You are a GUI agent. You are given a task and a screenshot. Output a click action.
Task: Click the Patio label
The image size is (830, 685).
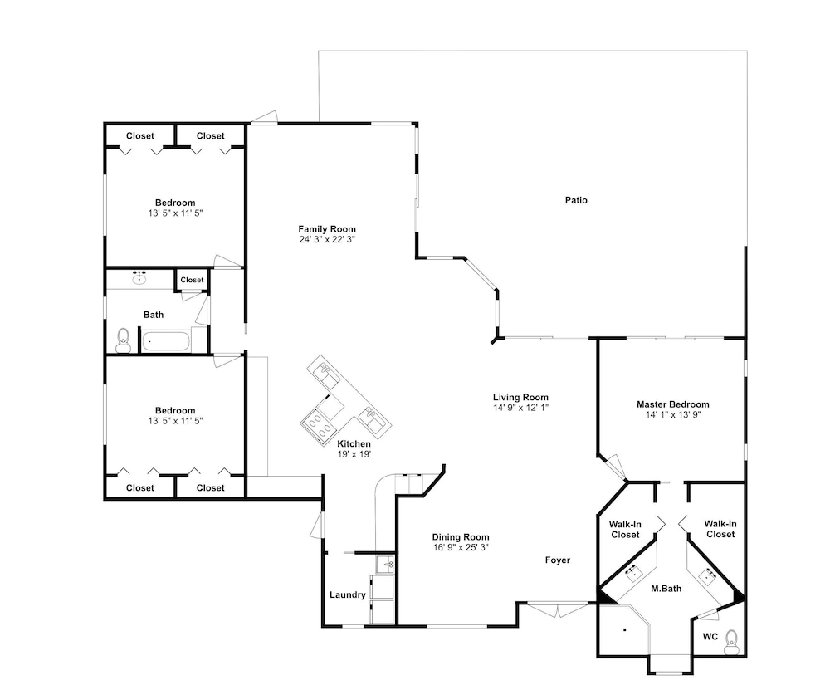(576, 200)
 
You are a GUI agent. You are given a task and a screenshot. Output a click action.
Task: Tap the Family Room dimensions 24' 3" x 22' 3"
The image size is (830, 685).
(326, 239)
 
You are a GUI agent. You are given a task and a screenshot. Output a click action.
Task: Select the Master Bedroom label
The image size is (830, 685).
(673, 404)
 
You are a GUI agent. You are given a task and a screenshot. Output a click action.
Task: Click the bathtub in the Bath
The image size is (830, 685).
(165, 341)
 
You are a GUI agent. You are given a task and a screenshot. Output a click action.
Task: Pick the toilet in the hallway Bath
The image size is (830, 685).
(124, 340)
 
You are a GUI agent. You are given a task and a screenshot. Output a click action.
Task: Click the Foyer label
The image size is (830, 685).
(558, 560)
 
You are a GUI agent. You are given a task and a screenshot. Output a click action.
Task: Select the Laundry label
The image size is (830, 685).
(347, 595)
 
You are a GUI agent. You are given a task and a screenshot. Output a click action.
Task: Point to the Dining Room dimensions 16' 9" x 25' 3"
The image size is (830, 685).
(461, 547)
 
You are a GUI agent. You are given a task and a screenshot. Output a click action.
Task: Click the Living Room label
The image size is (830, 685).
(520, 398)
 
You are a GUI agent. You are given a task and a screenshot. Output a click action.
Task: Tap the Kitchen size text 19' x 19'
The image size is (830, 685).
(354, 454)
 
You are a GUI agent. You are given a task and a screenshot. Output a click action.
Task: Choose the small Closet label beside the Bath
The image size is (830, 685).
(192, 280)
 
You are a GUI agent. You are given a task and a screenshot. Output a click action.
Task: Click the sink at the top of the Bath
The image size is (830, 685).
(139, 277)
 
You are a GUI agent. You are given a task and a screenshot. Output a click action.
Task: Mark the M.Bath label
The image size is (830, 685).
(666, 589)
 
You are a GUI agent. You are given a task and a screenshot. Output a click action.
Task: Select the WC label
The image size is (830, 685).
(710, 636)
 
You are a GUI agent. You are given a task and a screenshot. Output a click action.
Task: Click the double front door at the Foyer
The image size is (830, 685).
(558, 609)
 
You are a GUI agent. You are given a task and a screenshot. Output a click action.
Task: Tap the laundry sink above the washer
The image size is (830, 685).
(385, 565)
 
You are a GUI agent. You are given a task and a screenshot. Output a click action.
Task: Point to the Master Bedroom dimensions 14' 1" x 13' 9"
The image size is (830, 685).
(673, 414)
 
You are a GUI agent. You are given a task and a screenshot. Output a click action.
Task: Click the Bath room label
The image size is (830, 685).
(154, 315)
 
